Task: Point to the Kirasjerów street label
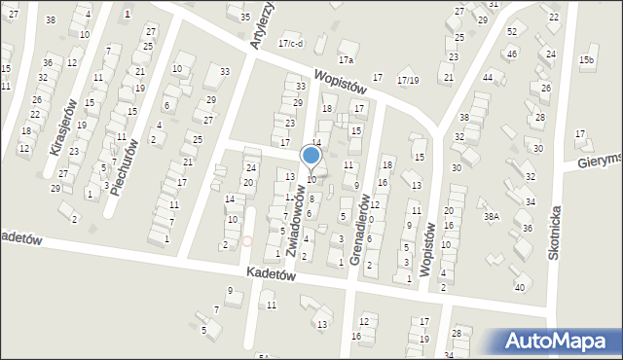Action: point(61,126)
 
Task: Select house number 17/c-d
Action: point(290,43)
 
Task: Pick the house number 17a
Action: point(345,60)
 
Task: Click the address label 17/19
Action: point(409,81)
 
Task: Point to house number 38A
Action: point(493,217)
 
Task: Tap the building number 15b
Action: point(586,60)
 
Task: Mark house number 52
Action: point(512,32)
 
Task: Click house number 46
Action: point(512,53)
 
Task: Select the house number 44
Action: point(488,76)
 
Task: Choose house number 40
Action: point(520,287)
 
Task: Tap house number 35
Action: point(244,18)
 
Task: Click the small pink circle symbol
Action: point(247,240)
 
